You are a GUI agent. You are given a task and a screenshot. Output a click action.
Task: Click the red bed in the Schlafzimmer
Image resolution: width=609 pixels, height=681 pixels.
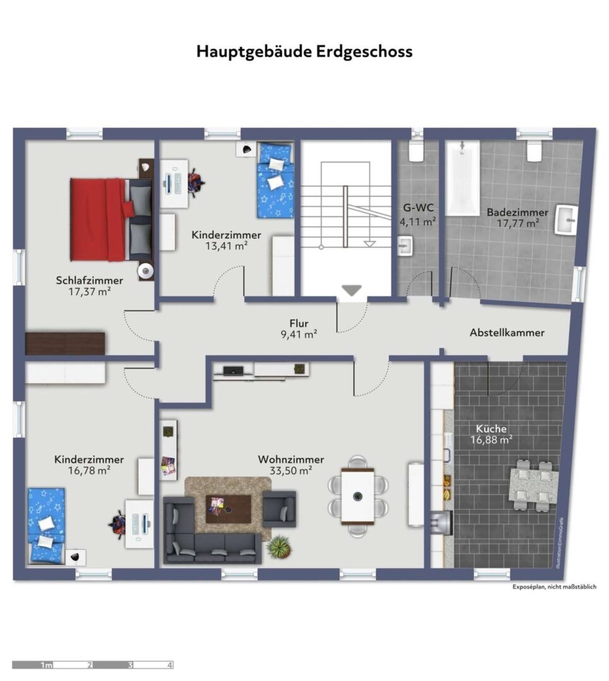(111, 220)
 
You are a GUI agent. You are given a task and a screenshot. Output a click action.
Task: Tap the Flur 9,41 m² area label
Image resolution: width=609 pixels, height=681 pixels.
(299, 329)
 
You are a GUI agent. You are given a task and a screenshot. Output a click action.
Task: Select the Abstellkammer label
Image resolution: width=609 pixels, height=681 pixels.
(507, 333)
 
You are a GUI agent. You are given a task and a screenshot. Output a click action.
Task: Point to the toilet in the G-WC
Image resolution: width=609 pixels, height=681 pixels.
(416, 150)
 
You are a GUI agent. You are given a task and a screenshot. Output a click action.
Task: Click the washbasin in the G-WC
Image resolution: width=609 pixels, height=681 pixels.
(405, 245)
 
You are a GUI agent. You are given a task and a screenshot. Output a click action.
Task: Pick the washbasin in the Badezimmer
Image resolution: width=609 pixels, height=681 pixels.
(566, 220)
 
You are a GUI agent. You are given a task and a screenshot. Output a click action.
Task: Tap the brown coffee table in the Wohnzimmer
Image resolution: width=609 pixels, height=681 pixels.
(228, 509)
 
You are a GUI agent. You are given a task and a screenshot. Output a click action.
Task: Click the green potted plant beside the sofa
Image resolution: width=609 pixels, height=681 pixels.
(279, 547)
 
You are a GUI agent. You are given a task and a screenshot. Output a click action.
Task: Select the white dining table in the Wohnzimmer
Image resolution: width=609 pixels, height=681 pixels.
(358, 496)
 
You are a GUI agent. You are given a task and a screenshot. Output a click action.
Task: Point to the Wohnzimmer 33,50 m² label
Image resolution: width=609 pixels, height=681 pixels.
(291, 465)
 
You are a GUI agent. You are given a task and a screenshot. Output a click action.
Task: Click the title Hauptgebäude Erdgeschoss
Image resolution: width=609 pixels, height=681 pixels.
(304, 51)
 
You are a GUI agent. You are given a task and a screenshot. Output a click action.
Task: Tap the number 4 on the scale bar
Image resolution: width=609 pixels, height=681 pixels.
(170, 665)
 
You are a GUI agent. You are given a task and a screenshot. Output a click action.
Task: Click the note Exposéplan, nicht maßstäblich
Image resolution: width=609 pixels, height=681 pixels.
(554, 587)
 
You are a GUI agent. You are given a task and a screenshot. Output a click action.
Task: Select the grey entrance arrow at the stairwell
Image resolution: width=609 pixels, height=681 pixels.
(352, 290)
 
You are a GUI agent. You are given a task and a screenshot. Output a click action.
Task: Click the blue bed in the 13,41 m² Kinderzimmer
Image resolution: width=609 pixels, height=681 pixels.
(275, 180)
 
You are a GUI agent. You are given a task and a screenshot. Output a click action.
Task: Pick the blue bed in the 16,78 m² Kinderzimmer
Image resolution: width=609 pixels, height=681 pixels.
(46, 526)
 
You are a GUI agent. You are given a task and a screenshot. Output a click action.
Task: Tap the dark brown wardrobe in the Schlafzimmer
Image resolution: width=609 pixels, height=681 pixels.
(65, 344)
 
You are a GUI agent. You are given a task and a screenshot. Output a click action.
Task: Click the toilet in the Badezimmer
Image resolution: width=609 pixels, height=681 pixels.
(535, 150)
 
